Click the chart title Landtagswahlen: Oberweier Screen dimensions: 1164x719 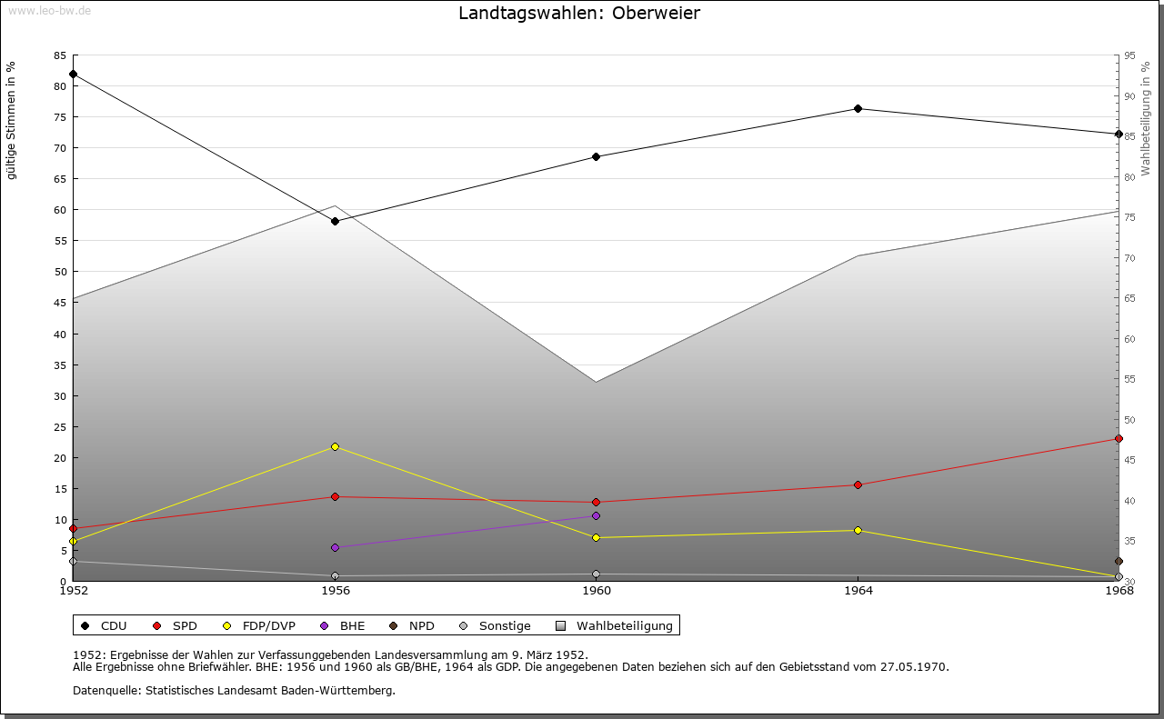[579, 13]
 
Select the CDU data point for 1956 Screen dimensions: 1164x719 [336, 221]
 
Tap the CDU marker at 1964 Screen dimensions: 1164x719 [858, 108]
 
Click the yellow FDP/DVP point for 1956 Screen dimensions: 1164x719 [336, 447]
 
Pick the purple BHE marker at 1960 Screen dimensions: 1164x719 [596, 516]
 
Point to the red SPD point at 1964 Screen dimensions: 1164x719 [858, 484]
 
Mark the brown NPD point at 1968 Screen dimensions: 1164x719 [1119, 561]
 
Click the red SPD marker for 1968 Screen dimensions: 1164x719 [1119, 439]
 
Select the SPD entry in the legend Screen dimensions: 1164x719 [176, 625]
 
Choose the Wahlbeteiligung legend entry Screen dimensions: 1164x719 [615, 625]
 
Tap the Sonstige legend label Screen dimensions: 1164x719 [505, 625]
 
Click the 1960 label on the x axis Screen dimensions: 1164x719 [597, 591]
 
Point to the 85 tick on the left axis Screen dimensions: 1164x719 [60, 55]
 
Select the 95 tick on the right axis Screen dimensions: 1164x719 [1130, 55]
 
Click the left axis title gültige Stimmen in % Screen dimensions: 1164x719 [11, 121]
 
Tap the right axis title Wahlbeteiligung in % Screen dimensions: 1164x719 [1146, 119]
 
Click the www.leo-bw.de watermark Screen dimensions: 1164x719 [49, 10]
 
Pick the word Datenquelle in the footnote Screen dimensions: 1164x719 [106, 691]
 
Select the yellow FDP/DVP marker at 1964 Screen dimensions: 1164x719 [858, 531]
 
